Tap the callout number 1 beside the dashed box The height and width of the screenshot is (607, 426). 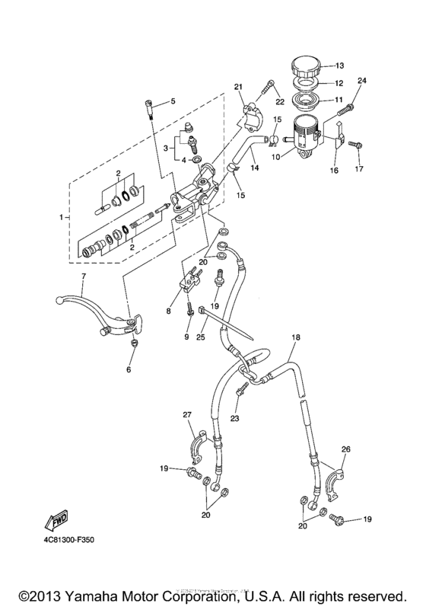[x=63, y=218]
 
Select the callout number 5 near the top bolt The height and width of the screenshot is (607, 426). [x=173, y=101]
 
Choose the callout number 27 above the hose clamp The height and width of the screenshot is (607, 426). [x=186, y=415]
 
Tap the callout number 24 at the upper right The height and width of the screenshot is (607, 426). [x=361, y=81]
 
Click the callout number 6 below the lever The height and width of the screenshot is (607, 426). [x=129, y=369]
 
